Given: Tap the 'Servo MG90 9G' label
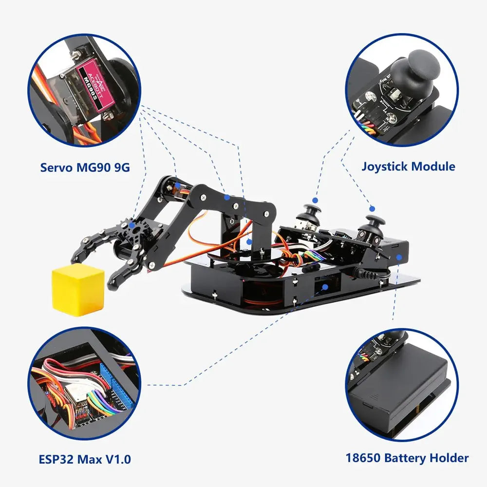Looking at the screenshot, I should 85,168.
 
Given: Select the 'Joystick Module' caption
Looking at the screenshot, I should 408,167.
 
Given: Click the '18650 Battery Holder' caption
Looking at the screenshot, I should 407,458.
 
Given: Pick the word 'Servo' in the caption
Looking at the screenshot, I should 56,168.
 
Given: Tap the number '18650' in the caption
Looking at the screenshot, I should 363,458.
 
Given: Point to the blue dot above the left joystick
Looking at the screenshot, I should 315,200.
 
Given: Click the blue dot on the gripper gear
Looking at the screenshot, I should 132,225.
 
